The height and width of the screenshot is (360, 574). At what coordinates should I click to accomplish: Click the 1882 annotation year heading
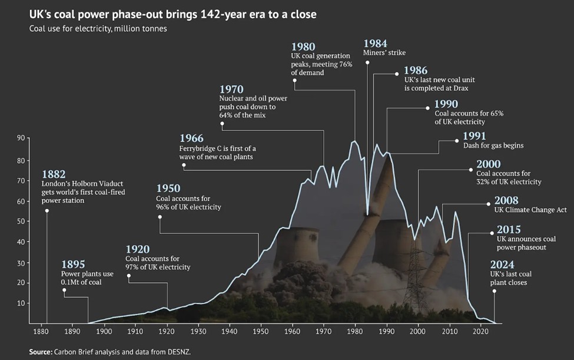point(54,174)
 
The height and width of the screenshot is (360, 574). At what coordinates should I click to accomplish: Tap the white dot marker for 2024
point(494,291)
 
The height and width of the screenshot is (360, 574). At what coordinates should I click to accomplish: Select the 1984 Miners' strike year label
point(376,44)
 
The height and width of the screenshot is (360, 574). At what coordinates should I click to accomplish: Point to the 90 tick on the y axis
point(21,138)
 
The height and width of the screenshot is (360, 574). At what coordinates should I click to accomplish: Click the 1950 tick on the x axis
point(260,332)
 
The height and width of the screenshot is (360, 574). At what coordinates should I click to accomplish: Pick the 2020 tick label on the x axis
point(480,332)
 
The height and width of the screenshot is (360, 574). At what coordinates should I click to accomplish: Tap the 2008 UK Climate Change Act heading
point(506,200)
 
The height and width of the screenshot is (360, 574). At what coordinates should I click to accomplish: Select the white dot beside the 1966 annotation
point(184,166)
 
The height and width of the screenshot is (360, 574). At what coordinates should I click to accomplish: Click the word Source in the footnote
point(40,352)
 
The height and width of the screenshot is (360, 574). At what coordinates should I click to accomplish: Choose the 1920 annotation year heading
point(137,249)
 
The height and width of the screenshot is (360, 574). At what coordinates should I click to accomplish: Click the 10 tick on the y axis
point(21,303)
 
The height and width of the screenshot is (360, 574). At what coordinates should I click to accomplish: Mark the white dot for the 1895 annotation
point(64,290)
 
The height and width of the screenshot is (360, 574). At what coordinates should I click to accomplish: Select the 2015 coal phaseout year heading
point(509,230)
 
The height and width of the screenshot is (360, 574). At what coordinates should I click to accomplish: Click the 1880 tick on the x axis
point(41,332)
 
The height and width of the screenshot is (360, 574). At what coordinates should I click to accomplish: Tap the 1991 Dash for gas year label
point(475,136)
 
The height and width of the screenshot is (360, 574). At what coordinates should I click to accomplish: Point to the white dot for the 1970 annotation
point(222,124)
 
